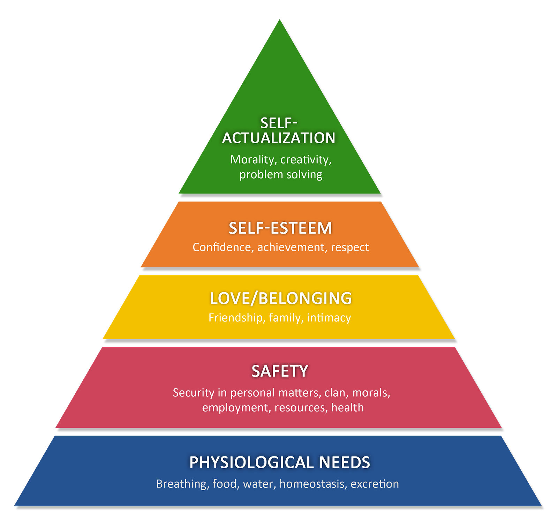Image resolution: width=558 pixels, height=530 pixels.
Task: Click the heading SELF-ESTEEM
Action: coord(280,228)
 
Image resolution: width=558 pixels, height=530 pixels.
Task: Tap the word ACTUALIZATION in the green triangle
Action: coord(279,138)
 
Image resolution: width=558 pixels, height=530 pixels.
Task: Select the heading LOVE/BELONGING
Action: coord(281,298)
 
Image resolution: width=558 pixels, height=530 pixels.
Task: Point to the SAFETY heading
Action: coord(280,371)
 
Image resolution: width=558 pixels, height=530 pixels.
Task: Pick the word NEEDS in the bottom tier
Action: coord(345,463)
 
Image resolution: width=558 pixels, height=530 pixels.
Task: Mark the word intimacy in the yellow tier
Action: coord(329,318)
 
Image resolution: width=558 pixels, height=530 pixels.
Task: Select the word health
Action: coord(347,407)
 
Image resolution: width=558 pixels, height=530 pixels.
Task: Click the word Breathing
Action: coord(183,484)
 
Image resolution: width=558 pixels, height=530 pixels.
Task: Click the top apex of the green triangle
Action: coord(280,20)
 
